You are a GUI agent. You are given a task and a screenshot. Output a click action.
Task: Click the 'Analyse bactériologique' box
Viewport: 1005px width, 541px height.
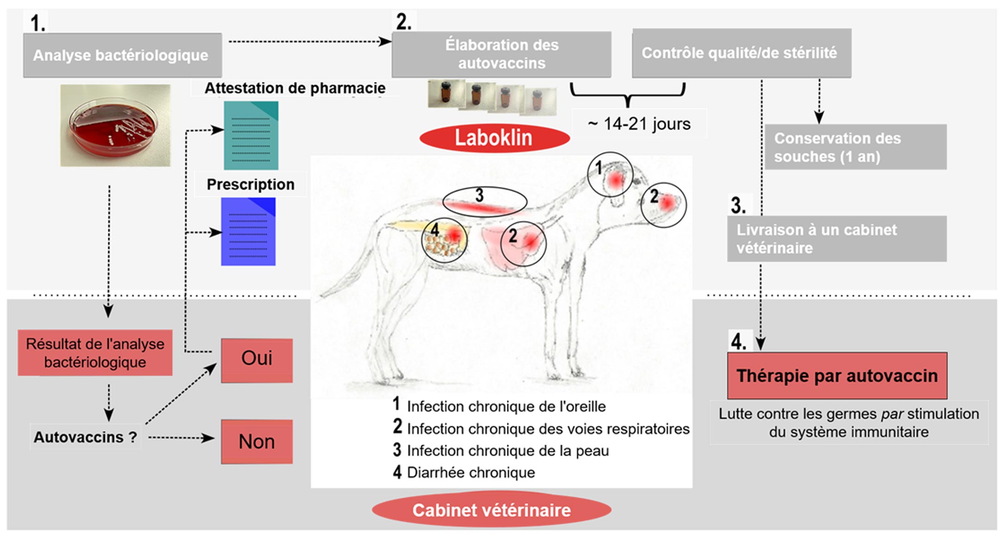[123, 55]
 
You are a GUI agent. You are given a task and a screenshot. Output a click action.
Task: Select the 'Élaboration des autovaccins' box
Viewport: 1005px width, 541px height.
[501, 54]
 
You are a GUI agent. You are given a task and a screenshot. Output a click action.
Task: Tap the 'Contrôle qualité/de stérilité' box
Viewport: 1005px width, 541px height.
[741, 53]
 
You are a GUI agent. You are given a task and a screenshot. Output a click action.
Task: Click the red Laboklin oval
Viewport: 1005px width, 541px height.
[494, 138]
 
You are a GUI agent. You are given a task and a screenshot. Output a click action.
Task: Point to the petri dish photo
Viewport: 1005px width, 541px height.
[115, 125]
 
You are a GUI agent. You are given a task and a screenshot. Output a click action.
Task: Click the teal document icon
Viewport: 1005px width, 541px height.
[251, 136]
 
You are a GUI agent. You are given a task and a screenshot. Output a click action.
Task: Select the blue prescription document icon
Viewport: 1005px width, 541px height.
[248, 232]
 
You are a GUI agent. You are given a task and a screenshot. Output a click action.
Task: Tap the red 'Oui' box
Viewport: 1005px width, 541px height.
[257, 361]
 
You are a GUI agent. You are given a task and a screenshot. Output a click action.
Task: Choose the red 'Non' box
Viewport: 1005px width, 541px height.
[257, 442]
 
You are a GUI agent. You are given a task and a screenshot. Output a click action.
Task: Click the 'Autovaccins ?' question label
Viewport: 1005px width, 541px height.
[86, 437]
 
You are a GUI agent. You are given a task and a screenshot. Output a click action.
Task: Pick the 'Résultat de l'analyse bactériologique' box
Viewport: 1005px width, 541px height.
[95, 353]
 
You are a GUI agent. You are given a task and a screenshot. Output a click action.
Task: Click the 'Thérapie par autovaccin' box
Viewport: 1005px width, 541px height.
[837, 375]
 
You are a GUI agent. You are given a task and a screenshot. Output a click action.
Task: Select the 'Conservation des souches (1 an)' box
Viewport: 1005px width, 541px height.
[856, 147]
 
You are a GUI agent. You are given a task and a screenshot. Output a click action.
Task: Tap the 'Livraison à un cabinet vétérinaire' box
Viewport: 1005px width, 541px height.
[837, 239]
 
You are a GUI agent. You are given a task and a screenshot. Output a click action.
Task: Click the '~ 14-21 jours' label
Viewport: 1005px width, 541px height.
[639, 124]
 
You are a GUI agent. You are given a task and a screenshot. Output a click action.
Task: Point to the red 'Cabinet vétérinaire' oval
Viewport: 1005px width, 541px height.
[492, 510]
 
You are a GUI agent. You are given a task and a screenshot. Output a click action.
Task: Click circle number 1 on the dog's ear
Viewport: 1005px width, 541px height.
[610, 174]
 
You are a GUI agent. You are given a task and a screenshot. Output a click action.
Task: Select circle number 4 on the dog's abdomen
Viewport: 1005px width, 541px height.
[444, 240]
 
